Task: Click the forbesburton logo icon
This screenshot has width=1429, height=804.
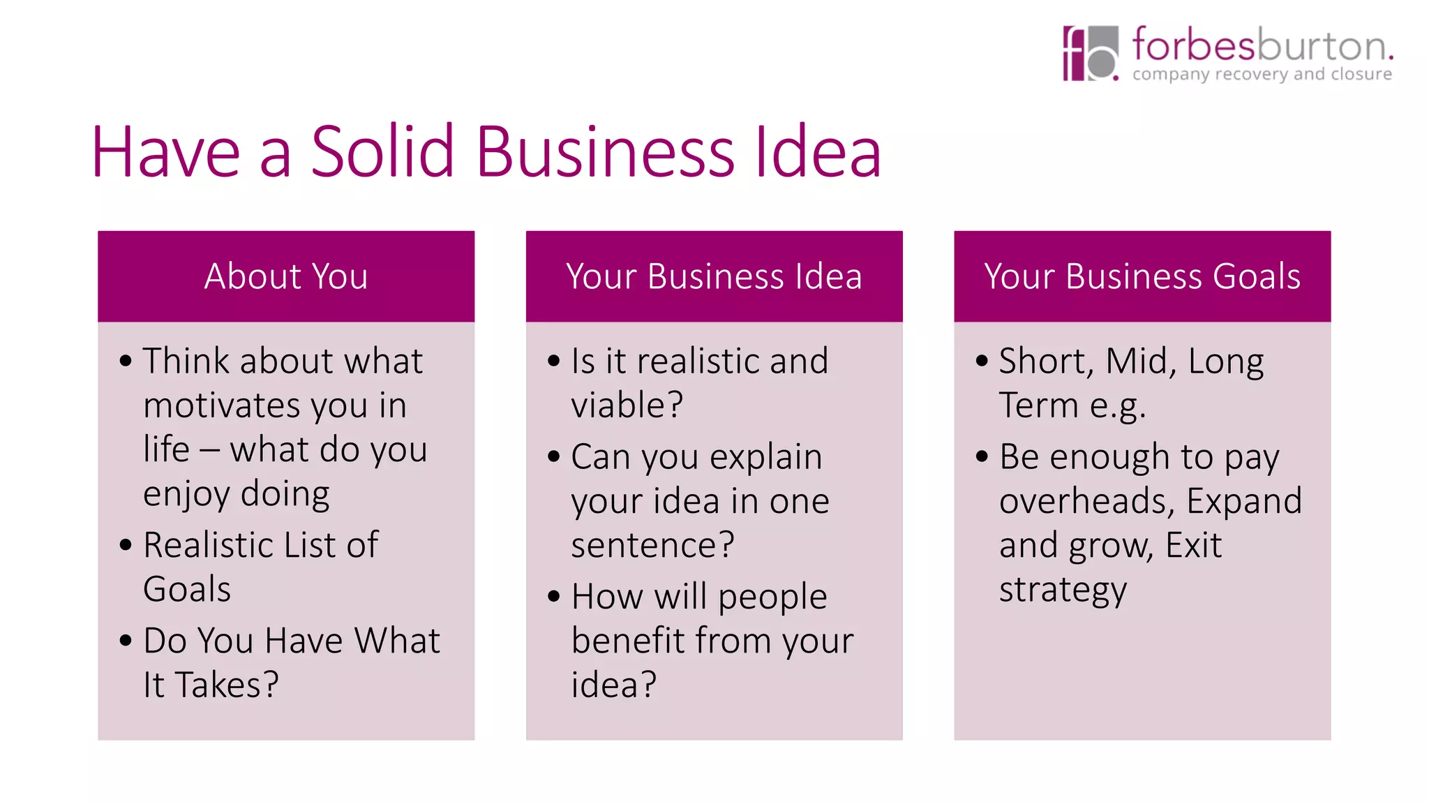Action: [1090, 53]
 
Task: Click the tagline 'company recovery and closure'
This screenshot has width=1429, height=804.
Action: [1262, 74]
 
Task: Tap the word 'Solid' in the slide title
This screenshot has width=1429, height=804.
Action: [382, 151]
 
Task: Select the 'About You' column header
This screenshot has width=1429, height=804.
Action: [286, 276]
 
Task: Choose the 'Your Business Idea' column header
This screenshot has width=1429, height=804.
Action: [714, 276]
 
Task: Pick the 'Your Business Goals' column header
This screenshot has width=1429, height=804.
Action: [1142, 276]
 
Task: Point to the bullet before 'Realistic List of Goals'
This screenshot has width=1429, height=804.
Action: [126, 544]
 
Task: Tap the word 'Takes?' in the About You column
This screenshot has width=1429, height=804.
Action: [227, 685]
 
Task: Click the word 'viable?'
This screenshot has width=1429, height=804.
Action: [627, 405]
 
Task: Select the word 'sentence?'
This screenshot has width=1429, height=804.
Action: [652, 545]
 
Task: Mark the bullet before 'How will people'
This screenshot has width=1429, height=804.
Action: [554, 597]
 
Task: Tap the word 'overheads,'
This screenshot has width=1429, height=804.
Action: [1086, 501]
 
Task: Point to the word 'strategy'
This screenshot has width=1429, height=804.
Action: [1063, 590]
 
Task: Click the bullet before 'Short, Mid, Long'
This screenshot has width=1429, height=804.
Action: [982, 361]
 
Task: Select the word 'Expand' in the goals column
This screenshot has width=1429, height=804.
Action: [1244, 501]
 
